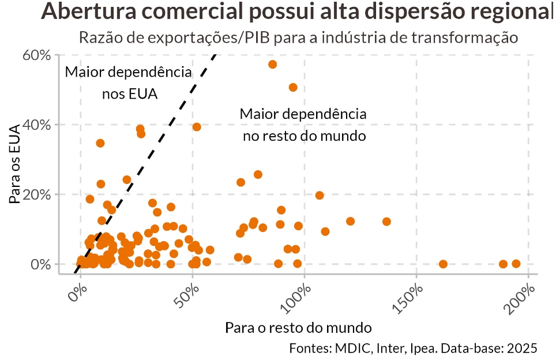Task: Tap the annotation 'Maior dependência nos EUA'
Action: click(129, 83)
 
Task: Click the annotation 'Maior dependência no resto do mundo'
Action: click(303, 125)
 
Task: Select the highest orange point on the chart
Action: click(273, 64)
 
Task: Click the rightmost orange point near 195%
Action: click(516, 264)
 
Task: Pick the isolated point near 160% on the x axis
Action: click(443, 264)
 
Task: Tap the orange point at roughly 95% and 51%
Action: click(293, 88)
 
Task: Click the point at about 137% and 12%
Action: click(386, 222)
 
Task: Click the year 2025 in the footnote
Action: click(523, 348)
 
